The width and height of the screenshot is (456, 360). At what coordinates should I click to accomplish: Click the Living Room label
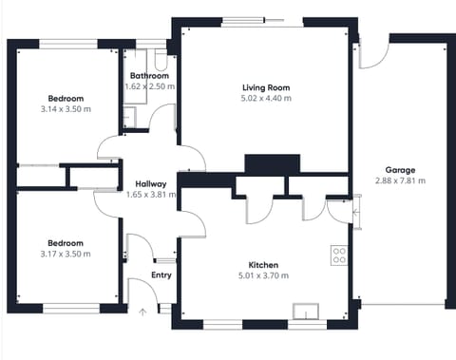coord(266,86)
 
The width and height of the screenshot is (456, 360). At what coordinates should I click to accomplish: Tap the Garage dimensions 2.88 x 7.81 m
coord(399,180)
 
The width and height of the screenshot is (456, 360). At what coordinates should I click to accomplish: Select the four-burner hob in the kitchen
coord(339,255)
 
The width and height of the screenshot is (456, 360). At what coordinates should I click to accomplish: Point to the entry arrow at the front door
coord(143,310)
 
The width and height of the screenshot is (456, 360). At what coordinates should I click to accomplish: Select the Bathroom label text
coord(149,76)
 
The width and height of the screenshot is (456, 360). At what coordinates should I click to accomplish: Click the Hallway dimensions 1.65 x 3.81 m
coord(151,195)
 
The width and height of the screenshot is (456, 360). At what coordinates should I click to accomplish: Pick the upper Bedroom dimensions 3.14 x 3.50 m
coord(66,109)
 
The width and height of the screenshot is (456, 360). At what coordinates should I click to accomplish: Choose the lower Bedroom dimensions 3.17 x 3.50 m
coord(66,254)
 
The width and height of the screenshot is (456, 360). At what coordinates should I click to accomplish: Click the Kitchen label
coord(262,264)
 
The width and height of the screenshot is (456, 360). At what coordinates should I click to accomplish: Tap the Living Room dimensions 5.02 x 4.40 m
coord(266,98)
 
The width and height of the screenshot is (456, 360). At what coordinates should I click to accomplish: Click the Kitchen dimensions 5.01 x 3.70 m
coord(262,275)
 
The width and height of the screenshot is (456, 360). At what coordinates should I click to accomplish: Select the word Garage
coord(399,169)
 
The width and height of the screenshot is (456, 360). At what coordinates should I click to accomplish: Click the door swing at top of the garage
coord(372,55)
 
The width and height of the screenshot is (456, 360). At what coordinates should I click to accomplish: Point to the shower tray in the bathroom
coord(128,117)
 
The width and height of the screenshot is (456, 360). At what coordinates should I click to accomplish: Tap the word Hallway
coord(151,184)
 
